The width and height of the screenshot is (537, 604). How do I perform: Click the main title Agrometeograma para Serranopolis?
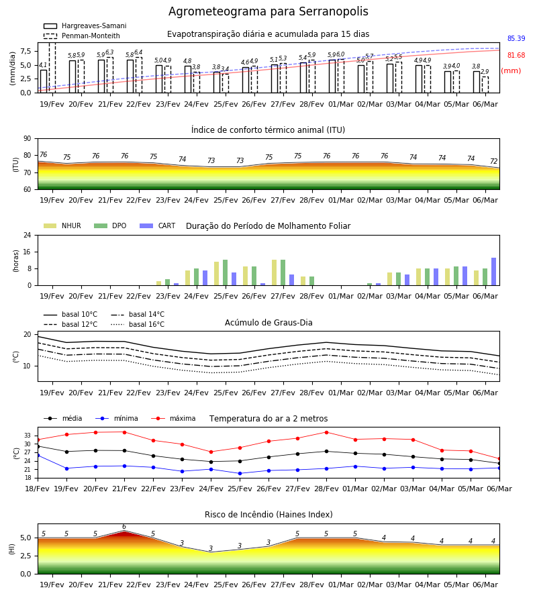click(x=268, y=11)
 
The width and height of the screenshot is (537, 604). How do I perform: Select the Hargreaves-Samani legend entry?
click(x=85, y=26)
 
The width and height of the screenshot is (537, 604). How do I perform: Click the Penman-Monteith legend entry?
click(x=82, y=36)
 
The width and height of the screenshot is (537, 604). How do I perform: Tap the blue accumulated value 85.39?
click(x=516, y=38)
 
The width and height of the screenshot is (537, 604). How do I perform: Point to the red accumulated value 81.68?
click(x=516, y=56)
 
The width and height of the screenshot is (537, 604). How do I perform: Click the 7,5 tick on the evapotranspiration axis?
click(x=26, y=51)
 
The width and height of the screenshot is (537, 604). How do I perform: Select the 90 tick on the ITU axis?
click(x=28, y=139)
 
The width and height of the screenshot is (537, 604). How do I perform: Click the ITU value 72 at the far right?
click(x=494, y=161)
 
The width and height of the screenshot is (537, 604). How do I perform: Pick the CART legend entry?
click(x=158, y=225)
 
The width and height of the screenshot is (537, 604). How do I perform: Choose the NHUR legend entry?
click(x=62, y=225)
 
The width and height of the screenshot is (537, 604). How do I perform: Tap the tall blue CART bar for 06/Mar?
click(x=494, y=272)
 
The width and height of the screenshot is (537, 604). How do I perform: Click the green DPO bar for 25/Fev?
click(x=226, y=272)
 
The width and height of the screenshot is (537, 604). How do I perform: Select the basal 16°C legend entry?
click(x=138, y=324)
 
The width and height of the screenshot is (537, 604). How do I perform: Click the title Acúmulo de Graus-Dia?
click(x=268, y=323)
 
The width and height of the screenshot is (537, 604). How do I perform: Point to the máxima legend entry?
click(x=173, y=418)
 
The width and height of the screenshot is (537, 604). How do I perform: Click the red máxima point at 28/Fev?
click(x=327, y=432)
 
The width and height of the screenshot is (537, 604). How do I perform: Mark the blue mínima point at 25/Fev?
click(x=240, y=473)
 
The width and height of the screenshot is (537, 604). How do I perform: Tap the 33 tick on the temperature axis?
click(x=28, y=436)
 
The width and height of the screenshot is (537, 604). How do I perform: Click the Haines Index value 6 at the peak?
click(x=124, y=527)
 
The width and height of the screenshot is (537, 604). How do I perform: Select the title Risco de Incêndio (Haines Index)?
click(x=268, y=515)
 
